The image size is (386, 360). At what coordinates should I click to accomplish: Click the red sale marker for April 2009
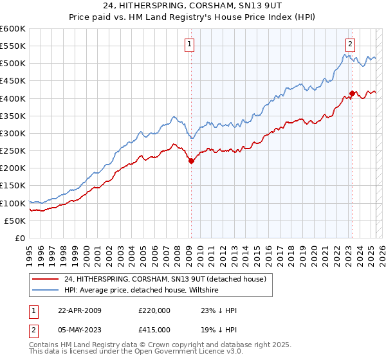pyautogui.click(x=191, y=161)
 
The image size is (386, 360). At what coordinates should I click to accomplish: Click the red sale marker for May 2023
pyautogui.click(x=352, y=93)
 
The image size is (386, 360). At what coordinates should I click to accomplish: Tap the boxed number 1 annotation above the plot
pyautogui.click(x=190, y=44)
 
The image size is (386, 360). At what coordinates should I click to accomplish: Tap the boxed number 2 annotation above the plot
pyautogui.click(x=350, y=44)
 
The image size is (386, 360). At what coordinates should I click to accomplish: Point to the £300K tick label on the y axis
pyautogui.click(x=13, y=133)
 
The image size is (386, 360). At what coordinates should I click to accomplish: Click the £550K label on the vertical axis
pyautogui.click(x=13, y=46)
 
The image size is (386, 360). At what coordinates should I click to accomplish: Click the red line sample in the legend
pyautogui.click(x=46, y=279)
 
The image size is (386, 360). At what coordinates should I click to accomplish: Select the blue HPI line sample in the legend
pyautogui.click(x=46, y=290)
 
